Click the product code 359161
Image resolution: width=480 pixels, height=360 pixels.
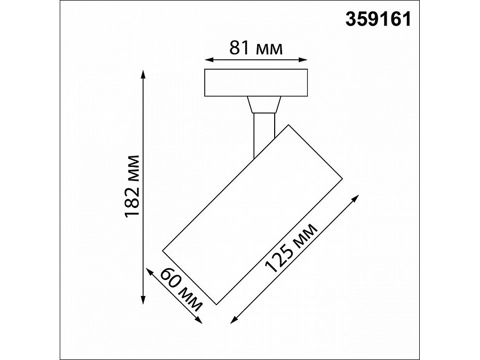tap(379, 19)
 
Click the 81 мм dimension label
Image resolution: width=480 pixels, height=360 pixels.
tap(255, 49)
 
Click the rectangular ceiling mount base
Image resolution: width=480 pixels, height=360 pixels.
tap(256, 83)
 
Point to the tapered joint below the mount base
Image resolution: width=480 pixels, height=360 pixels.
tap(264, 105)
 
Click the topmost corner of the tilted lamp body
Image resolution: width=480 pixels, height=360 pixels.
tap(289, 125)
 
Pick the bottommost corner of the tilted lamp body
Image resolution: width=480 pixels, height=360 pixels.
tap(215, 305)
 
